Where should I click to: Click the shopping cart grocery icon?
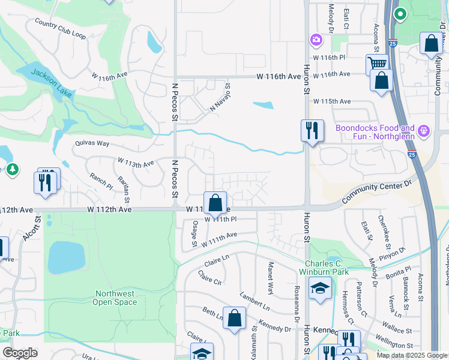point(377,64)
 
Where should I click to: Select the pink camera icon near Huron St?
point(316,40)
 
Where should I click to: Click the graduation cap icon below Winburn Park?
point(320,289)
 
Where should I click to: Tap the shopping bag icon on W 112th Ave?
point(215,203)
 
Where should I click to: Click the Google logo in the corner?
point(20,353)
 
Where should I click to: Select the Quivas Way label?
point(92,143)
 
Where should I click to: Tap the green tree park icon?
point(13,170)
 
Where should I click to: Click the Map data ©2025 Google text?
point(411,355)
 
